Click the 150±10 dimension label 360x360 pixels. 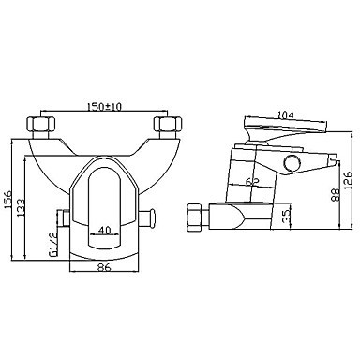tap(104, 107)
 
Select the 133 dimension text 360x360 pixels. tap(21, 207)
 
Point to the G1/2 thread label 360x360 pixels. tap(53, 244)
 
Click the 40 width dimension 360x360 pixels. tap(104, 230)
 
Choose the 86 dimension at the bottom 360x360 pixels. tap(104, 267)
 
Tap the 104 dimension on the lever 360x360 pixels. tap(286, 115)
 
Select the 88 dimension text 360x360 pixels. tap(336, 195)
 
